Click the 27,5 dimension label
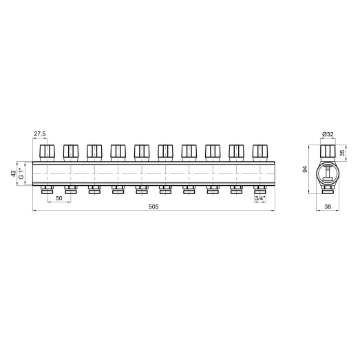click(x=40, y=134)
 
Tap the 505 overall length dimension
click(x=153, y=207)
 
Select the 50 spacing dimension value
click(x=59, y=198)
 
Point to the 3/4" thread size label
click(x=260, y=198)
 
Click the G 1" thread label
click(x=21, y=173)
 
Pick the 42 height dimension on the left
click(x=14, y=173)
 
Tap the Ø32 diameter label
click(x=328, y=134)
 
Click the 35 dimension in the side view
click(x=342, y=153)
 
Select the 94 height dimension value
click(x=305, y=169)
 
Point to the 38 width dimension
click(x=328, y=207)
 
